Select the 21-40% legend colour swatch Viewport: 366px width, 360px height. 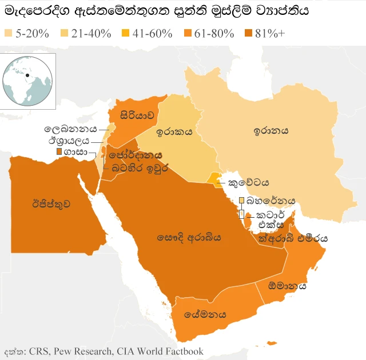[64, 33]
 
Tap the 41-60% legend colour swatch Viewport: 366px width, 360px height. [125, 33]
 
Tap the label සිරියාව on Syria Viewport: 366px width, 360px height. [137, 115]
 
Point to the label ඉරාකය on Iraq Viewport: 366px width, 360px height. [175, 131]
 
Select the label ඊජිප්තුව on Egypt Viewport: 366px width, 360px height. [50, 203]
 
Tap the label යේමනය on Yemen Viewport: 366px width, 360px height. [205, 314]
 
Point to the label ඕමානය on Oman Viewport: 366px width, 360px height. [287, 286]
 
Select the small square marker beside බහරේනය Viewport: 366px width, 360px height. [242, 201]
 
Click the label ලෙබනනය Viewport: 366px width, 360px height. [71, 129]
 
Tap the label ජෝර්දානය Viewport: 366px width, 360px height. [136, 155]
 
